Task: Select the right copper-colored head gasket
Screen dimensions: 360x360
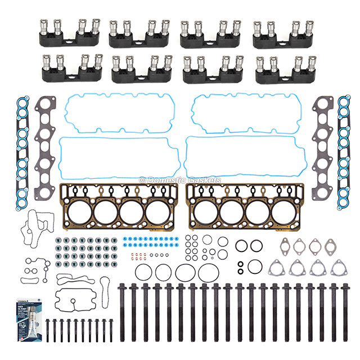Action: tap(245, 206)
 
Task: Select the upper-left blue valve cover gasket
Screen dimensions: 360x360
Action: tap(120, 113)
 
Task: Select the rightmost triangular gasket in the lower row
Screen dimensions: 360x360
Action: tap(339, 269)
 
